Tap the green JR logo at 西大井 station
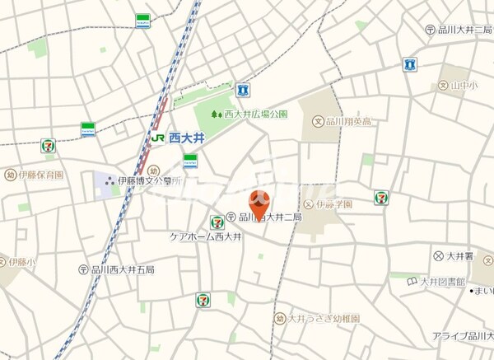pyautogui.click(x=156, y=139)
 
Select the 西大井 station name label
pyautogui.click(x=179, y=139)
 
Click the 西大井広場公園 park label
pyautogui.click(x=252, y=115)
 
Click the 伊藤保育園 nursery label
pyautogui.click(x=40, y=175)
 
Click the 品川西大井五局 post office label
pyautogui.click(x=122, y=269)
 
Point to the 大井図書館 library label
pyautogui.click(x=436, y=282)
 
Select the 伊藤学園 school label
pyautogui.click(x=334, y=203)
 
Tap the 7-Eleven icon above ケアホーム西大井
pyautogui.click(x=217, y=222)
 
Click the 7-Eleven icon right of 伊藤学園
pyautogui.click(x=381, y=198)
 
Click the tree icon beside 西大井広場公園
pyautogui.click(x=216, y=115)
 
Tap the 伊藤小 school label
pyautogui.click(x=21, y=263)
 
